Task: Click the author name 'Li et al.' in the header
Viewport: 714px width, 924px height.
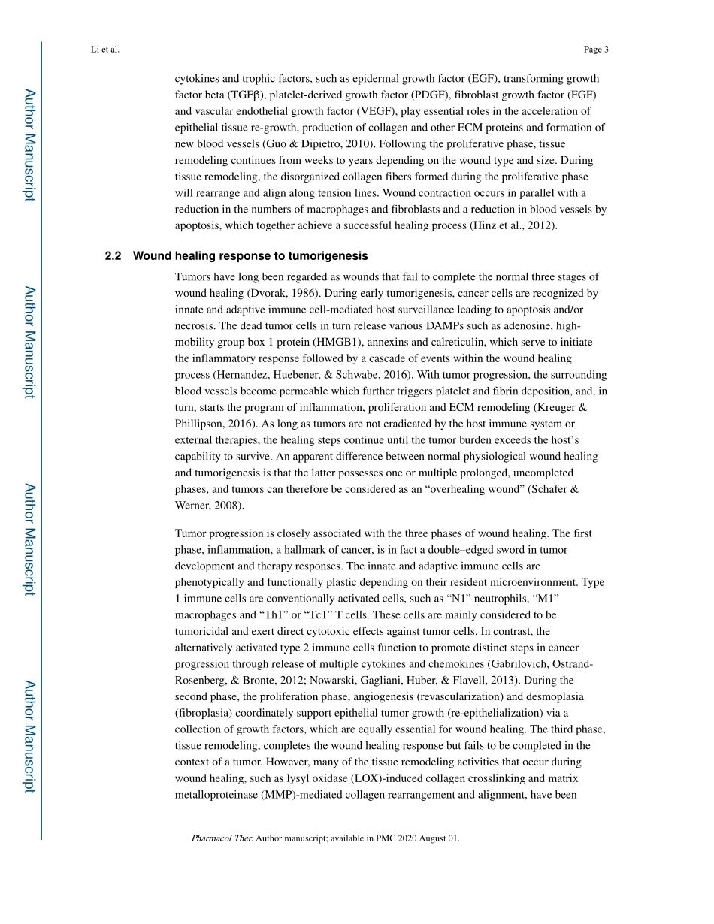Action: point(104,50)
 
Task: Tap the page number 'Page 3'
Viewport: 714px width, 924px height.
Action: point(595,50)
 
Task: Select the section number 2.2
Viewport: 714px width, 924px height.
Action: point(113,256)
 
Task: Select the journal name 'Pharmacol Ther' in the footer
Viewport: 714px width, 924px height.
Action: point(222,838)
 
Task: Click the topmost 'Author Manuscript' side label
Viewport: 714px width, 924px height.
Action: point(29,145)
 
